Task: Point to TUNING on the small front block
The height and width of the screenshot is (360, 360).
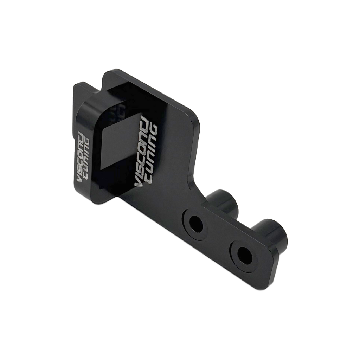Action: tap(86, 159)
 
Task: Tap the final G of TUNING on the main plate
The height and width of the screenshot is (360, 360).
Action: tap(154, 129)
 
